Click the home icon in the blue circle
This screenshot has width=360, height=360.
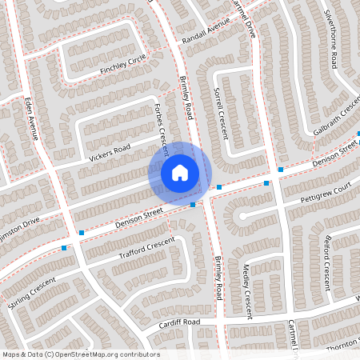point(180,172)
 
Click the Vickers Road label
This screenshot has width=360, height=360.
point(110,152)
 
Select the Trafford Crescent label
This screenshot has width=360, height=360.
point(146,250)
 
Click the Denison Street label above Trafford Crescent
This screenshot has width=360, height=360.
point(140,214)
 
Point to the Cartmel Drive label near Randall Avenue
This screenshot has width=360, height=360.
point(241,18)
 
